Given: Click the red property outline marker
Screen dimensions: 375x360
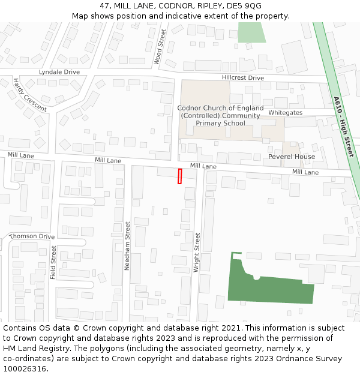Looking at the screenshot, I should tap(179, 176).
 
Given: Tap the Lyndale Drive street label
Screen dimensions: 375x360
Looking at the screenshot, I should tap(59, 72).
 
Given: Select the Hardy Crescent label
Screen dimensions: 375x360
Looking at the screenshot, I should tap(29, 95).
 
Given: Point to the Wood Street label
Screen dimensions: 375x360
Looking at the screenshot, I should tap(159, 46).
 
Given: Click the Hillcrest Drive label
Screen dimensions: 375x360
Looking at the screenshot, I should tap(242, 78).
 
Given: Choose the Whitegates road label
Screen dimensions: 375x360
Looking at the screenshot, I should tap(285, 113).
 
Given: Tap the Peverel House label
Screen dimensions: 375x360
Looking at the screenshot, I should tap(292, 157).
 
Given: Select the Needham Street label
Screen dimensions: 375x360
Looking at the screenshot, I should tap(127, 245).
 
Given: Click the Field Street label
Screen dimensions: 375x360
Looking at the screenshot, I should tap(53, 262).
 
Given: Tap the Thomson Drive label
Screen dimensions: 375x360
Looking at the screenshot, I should tap(32, 236).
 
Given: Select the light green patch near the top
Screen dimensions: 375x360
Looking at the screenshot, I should tap(251, 32).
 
